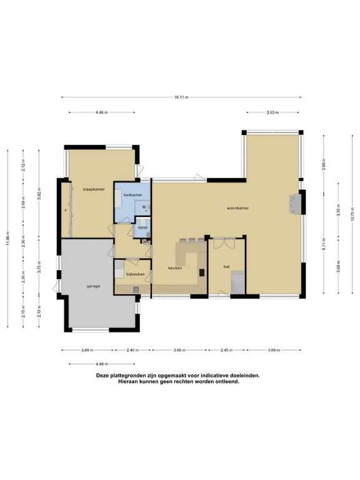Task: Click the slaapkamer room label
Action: [x=94, y=189]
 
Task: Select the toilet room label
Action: [x=142, y=227]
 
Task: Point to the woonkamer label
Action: [x=237, y=208]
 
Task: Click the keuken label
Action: [x=175, y=268]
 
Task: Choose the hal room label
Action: [x=226, y=267]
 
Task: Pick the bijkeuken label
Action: [x=135, y=274]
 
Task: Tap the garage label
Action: [x=93, y=286]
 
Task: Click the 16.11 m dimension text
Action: [x=181, y=97]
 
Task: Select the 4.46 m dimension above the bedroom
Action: [x=102, y=112]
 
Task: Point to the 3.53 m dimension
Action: [x=272, y=112]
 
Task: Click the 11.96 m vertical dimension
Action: [x=7, y=238]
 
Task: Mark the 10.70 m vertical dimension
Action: [x=352, y=214]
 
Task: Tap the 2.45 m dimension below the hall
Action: [x=226, y=350]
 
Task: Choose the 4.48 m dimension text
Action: [x=102, y=364]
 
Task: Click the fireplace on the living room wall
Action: [x=296, y=204]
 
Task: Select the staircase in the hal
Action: [x=238, y=282]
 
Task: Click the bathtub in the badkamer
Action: [x=119, y=198]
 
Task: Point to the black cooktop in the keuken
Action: [x=202, y=272]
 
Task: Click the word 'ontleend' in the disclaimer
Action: [x=227, y=382]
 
